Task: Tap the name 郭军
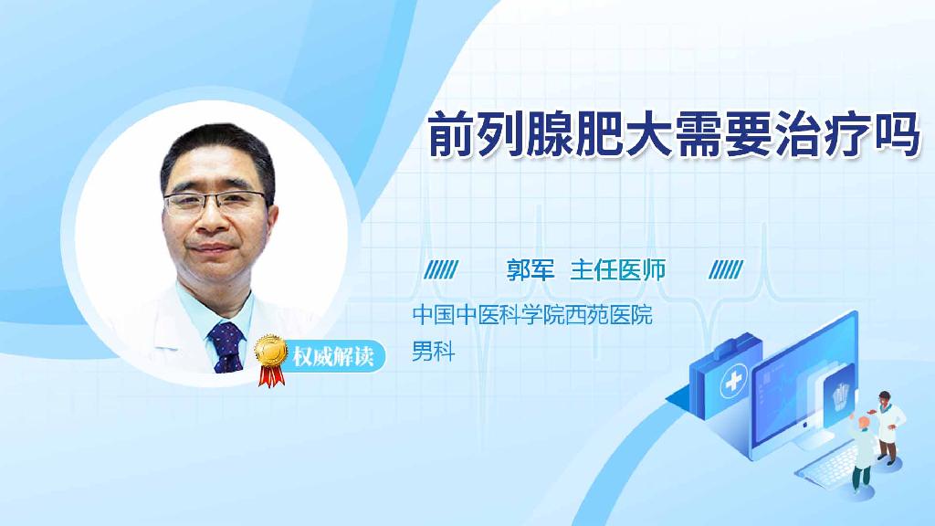point(531,270)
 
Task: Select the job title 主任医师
point(618,270)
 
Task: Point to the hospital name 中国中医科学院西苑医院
point(532,316)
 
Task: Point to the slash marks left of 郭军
point(443,269)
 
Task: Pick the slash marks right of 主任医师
point(727,269)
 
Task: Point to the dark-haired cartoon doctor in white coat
point(888,426)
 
